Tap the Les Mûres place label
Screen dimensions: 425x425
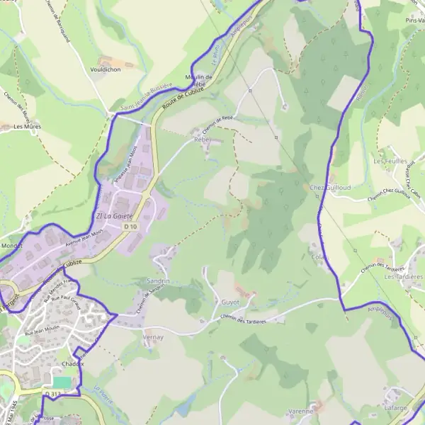(x=27, y=127)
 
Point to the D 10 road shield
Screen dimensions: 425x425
(x=130, y=226)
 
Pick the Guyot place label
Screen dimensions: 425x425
(x=230, y=302)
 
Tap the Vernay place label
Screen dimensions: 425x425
(x=153, y=338)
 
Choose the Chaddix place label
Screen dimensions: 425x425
(x=73, y=363)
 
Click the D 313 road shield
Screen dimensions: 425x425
(x=52, y=394)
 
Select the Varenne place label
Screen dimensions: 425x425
(x=301, y=412)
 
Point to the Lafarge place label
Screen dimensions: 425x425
(x=395, y=409)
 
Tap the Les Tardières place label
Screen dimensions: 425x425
(x=403, y=277)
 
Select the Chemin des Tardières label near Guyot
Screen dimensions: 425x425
(x=242, y=321)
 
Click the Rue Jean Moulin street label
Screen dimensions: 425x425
(x=40, y=330)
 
